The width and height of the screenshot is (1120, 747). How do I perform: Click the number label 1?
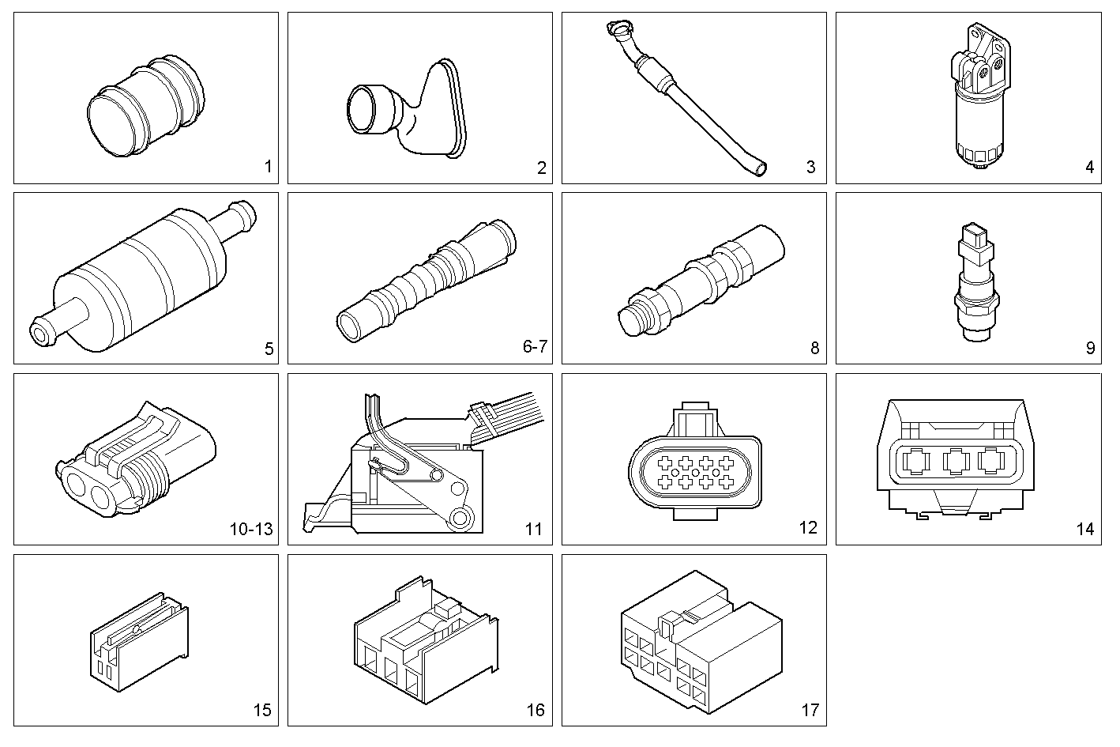(x=268, y=167)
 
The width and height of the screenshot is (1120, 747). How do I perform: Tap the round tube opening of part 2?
(x=364, y=108)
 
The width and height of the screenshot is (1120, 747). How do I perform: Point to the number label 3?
(x=810, y=167)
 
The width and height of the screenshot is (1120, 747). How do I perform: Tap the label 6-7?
(x=535, y=347)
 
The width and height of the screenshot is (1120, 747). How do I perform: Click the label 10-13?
(x=251, y=529)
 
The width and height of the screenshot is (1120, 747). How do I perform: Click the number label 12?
(x=808, y=528)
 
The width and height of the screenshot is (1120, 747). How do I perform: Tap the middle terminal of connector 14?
(x=957, y=461)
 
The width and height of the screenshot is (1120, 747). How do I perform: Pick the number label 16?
(x=535, y=710)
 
